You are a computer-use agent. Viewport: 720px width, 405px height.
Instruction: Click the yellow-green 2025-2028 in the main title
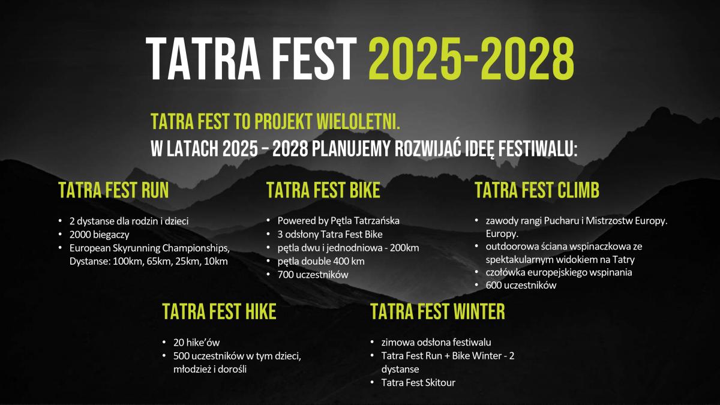[x=471, y=58]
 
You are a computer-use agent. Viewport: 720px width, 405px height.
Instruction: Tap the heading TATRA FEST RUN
[x=113, y=190]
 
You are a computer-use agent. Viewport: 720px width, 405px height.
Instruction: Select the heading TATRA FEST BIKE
[x=323, y=190]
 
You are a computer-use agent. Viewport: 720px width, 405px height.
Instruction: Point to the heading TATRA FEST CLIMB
[x=537, y=190]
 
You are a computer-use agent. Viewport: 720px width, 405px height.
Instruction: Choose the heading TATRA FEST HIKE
[x=219, y=311]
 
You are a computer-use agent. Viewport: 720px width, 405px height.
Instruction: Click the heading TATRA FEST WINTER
[x=438, y=311]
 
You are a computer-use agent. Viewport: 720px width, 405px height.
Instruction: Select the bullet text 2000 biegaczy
[x=100, y=235]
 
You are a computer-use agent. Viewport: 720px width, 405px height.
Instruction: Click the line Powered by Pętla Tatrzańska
[x=338, y=221]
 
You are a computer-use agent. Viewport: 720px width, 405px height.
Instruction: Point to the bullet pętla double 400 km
[x=321, y=262]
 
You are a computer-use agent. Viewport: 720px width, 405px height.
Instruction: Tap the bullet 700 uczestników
[x=313, y=275]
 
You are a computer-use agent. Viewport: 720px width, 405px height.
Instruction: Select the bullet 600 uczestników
[x=521, y=285]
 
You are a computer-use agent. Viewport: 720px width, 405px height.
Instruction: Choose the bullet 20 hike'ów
[x=196, y=343]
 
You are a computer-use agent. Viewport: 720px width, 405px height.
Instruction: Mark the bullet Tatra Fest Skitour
[x=419, y=383]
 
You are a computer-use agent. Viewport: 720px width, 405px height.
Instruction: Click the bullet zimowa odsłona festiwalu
[x=436, y=343]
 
